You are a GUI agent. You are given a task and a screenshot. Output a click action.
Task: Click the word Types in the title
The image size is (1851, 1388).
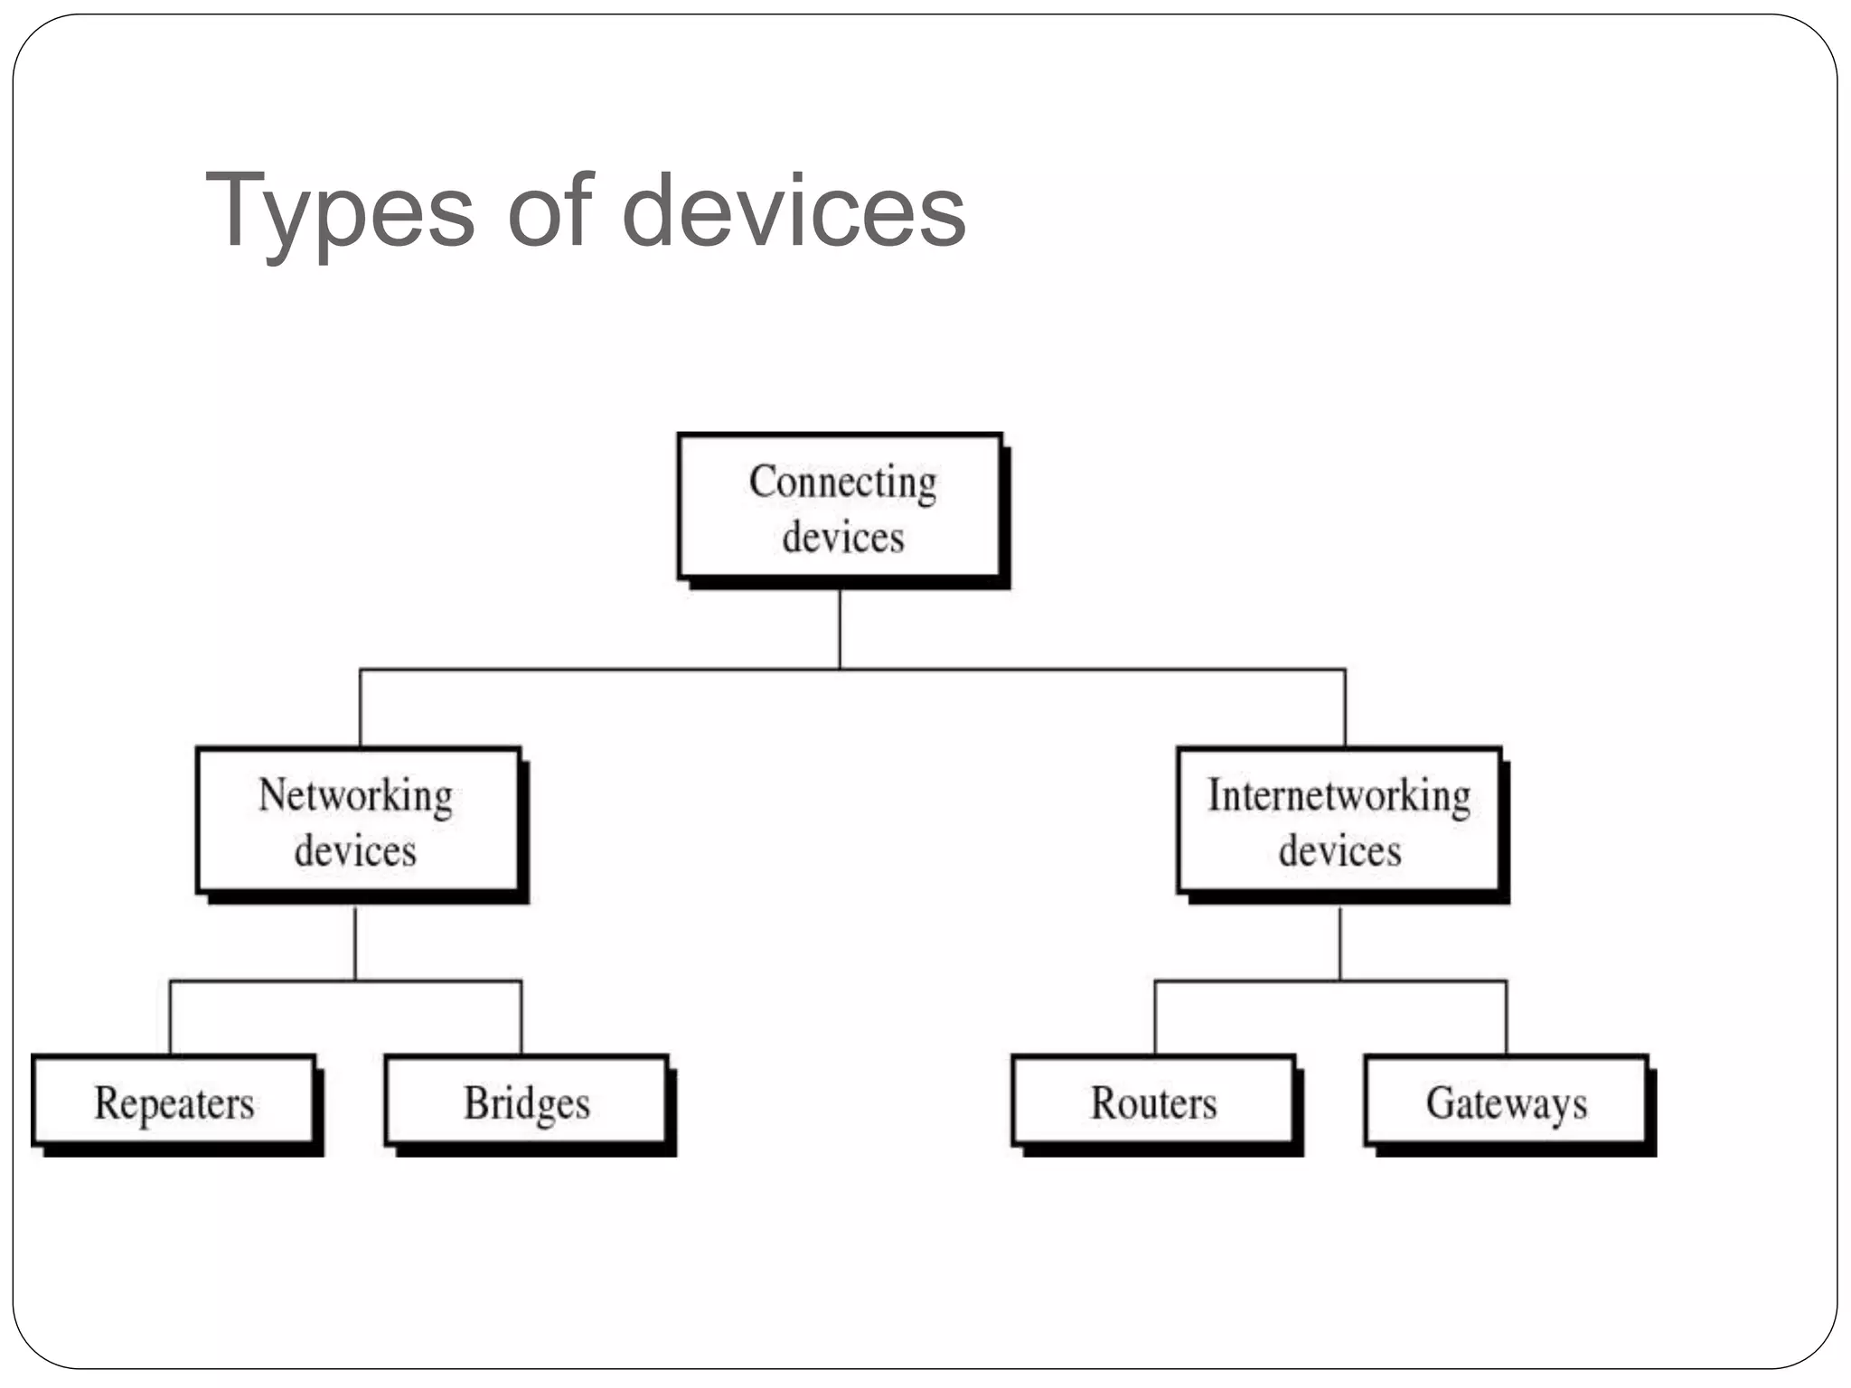[x=340, y=212]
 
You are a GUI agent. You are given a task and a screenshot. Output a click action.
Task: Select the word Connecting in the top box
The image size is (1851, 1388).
[x=842, y=482]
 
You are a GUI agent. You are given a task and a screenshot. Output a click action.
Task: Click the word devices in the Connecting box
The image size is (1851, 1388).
[x=842, y=538]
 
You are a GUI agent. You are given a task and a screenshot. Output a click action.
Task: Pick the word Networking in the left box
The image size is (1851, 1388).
[x=355, y=796]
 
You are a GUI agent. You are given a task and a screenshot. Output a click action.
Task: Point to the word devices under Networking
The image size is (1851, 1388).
[x=355, y=851]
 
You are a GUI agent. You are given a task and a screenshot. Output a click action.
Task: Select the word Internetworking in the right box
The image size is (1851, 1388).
[x=1339, y=796]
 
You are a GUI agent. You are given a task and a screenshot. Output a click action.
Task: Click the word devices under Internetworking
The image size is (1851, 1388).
[x=1339, y=851]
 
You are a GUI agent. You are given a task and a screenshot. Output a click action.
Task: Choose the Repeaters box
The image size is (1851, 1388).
[x=174, y=1102]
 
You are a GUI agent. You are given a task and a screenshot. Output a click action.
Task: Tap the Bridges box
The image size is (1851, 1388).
[x=526, y=1102]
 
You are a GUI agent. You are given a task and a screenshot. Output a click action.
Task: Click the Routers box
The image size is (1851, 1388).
[x=1153, y=1102]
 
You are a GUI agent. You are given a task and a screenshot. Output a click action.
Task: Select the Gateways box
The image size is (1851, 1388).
[x=1506, y=1102]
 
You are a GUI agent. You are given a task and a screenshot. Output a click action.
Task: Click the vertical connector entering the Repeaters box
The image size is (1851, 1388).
[x=170, y=1017]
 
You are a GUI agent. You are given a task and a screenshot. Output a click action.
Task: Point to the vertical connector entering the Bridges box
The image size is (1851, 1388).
[x=521, y=1017]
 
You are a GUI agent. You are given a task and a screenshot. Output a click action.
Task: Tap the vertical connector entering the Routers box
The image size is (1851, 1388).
[x=1155, y=1017]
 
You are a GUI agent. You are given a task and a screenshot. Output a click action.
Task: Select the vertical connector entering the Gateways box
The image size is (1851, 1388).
[x=1507, y=1017]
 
